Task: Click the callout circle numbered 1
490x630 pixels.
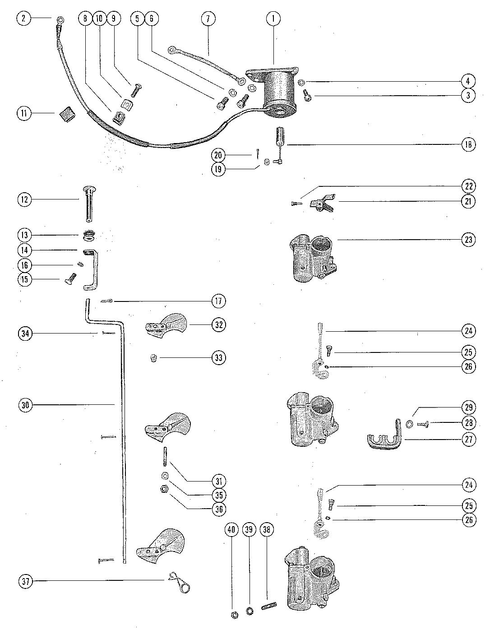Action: [273, 19]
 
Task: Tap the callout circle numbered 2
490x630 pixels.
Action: [24, 19]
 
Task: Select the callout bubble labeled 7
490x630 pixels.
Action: [208, 19]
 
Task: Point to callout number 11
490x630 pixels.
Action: [24, 113]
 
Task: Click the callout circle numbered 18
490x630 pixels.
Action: [468, 144]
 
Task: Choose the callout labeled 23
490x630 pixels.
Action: [468, 240]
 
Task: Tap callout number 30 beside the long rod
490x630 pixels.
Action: [25, 405]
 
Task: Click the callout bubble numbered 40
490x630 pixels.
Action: [231, 530]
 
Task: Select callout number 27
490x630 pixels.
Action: [468, 439]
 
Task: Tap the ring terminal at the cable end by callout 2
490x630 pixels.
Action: [60, 20]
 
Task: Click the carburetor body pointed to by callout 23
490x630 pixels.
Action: [313, 258]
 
